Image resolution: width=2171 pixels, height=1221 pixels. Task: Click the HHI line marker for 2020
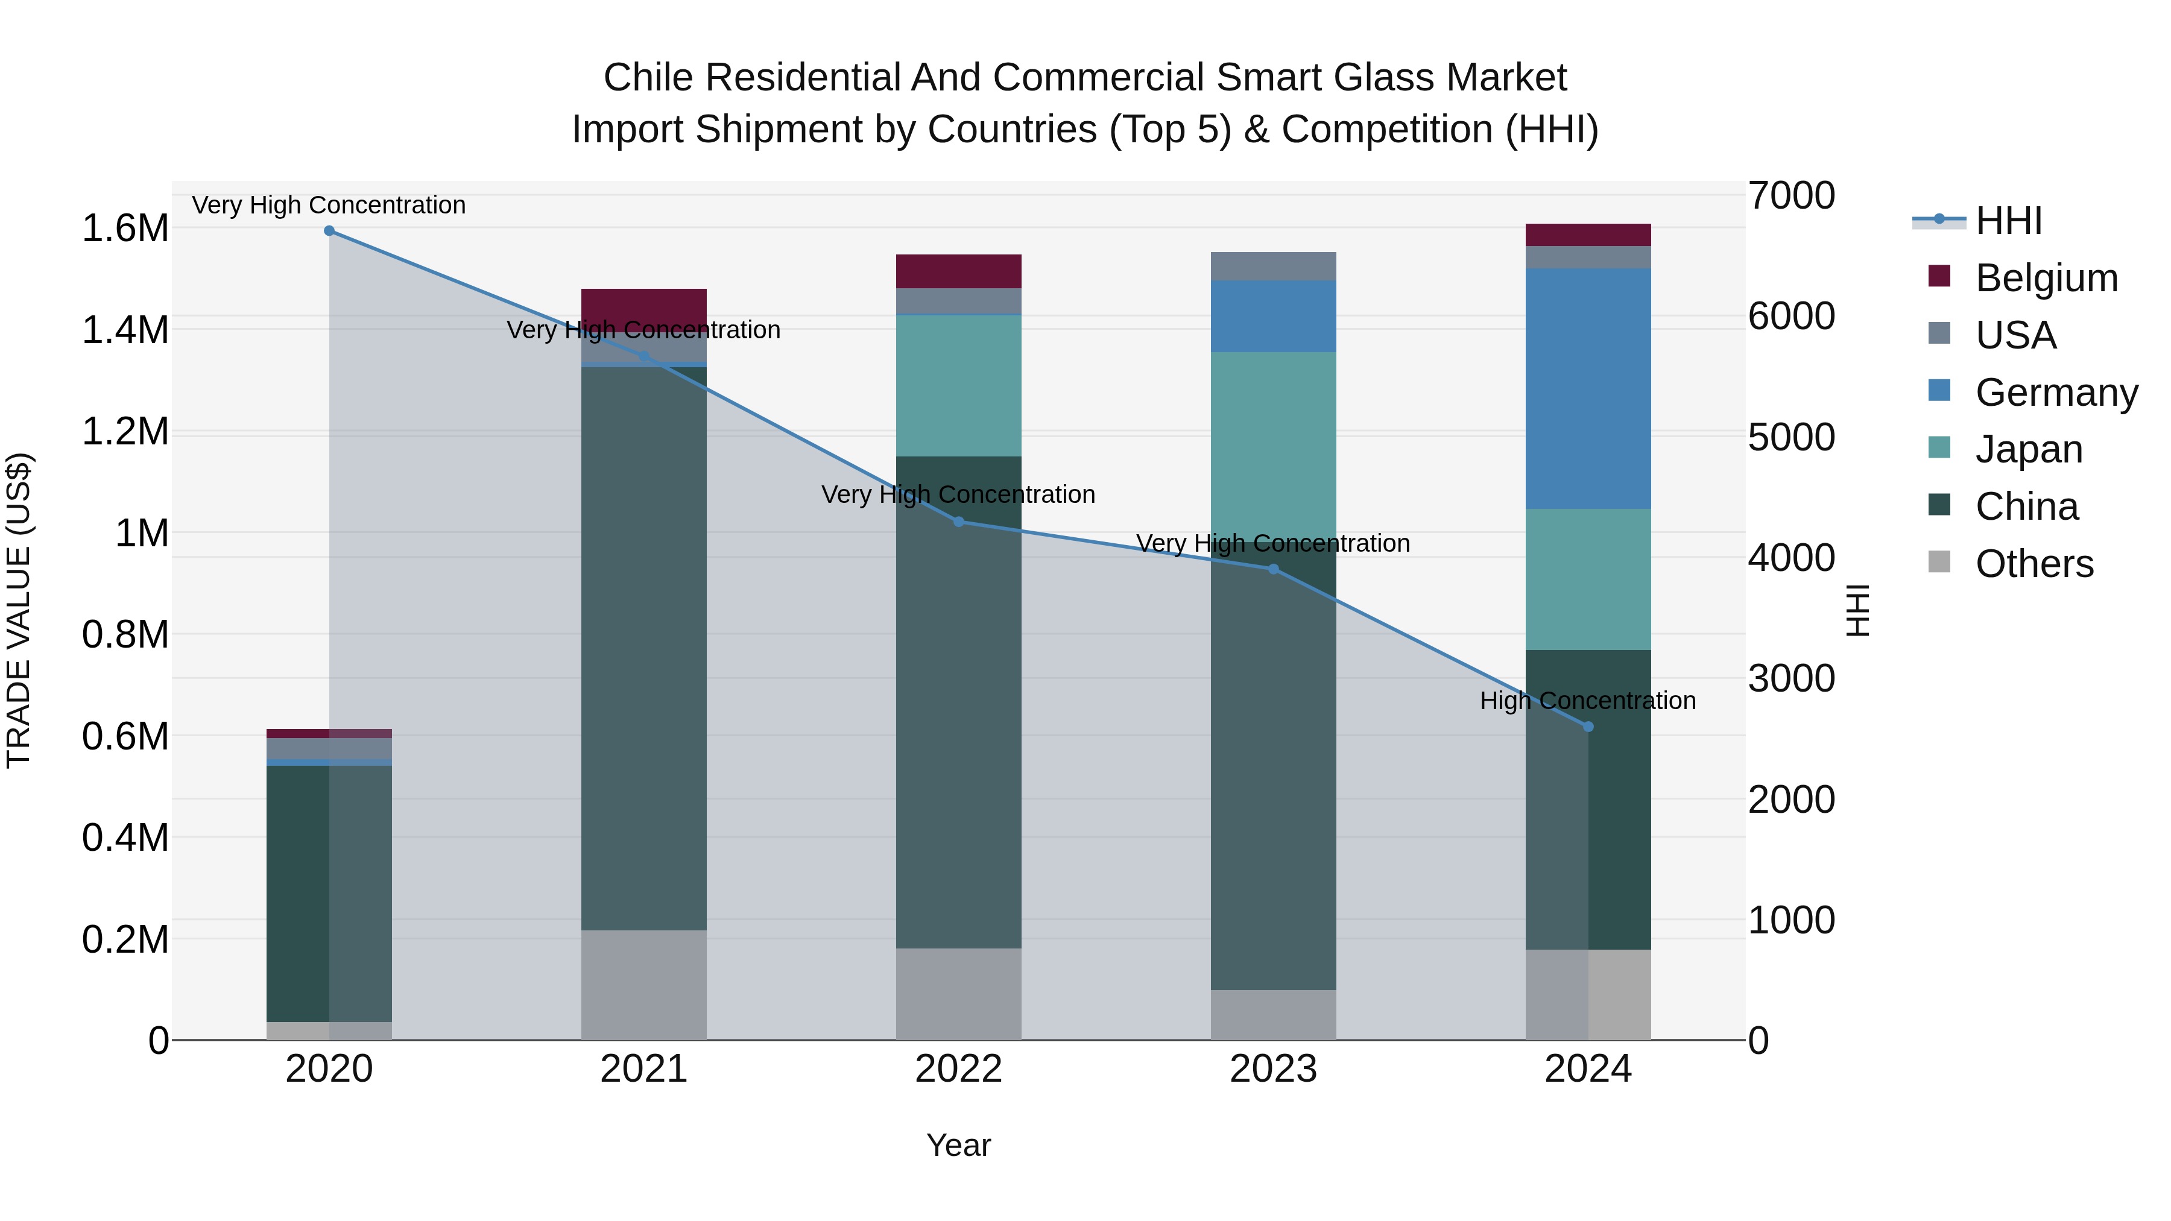pos(329,231)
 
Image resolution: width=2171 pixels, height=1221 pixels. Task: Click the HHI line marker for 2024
pos(1588,727)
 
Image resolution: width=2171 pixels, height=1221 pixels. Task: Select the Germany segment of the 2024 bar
pos(1588,388)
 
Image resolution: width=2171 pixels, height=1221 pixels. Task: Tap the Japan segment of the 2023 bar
pos(1274,438)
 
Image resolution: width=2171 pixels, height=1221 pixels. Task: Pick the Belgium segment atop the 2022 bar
pos(958,271)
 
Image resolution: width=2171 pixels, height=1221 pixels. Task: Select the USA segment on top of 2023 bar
pos(1274,267)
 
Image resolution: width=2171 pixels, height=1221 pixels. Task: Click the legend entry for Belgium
pos(2046,278)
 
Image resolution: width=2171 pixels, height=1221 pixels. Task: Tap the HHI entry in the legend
pos(2008,221)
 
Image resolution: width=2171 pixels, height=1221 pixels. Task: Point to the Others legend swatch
pos(1939,562)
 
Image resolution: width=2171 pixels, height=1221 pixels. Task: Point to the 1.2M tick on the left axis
pos(125,432)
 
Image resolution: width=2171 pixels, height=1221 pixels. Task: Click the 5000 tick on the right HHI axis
pos(1791,437)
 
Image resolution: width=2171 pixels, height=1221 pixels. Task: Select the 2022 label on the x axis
pos(958,1069)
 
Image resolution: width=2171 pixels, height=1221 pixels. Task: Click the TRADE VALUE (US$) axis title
pos(19,610)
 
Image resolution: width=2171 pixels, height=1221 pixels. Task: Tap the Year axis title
pos(958,1145)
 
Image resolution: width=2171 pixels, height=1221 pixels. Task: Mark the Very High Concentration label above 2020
pos(329,205)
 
